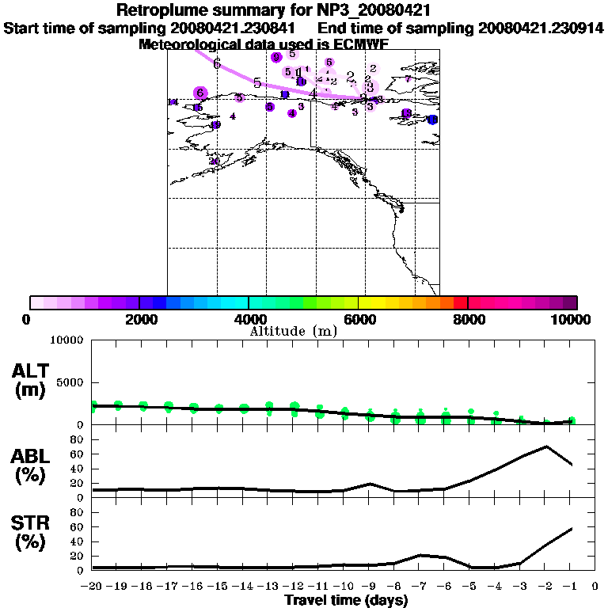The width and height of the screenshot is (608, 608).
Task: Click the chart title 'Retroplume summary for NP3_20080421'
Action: pyautogui.click(x=273, y=10)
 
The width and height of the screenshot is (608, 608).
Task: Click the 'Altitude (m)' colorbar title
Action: pyautogui.click(x=294, y=332)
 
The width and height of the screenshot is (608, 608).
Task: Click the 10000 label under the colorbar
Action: pyautogui.click(x=572, y=319)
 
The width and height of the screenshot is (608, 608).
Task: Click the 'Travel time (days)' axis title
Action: pyautogui.click(x=346, y=601)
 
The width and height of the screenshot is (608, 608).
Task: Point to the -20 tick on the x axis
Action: pyautogui.click(x=93, y=587)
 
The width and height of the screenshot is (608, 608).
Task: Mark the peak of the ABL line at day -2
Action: pyautogui.click(x=546, y=446)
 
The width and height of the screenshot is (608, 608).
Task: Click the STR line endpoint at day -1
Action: pyautogui.click(x=572, y=529)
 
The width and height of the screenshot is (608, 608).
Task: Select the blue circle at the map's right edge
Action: pyautogui.click(x=432, y=120)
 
